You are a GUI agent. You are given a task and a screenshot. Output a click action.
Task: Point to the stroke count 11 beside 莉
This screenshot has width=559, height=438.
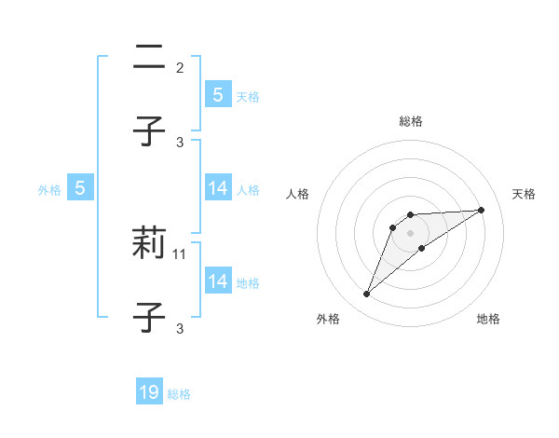click(180, 253)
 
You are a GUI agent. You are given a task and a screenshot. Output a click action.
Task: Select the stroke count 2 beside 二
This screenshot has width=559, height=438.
click(180, 67)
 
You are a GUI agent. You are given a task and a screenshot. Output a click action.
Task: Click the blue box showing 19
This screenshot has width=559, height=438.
click(149, 392)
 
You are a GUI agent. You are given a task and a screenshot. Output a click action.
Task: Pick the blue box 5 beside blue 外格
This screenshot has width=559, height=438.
click(80, 189)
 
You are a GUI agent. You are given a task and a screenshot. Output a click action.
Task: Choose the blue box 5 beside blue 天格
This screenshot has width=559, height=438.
click(217, 95)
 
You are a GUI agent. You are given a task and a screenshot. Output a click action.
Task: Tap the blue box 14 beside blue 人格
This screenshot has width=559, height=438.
click(217, 189)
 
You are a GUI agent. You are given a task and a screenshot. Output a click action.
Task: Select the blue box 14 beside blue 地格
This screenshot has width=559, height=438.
click(217, 281)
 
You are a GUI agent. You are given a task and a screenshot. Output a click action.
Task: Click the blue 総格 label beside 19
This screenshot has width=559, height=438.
click(179, 394)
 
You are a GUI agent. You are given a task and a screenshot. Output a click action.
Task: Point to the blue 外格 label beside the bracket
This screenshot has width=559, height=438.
click(49, 190)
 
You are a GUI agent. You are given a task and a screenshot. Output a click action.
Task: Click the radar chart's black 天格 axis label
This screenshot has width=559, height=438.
click(525, 194)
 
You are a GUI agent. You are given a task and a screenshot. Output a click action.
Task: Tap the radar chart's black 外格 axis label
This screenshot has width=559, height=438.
click(328, 319)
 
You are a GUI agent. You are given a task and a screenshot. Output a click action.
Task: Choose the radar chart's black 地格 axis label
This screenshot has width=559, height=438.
click(488, 319)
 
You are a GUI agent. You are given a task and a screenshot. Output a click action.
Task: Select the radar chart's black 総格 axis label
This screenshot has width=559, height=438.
click(410, 121)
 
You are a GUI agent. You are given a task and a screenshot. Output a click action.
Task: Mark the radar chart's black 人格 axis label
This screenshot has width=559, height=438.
click(298, 194)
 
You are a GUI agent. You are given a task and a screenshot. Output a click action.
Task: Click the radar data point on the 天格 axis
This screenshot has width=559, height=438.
click(481, 210)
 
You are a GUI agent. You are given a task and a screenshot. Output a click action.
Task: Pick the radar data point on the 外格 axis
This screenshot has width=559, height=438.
click(366, 294)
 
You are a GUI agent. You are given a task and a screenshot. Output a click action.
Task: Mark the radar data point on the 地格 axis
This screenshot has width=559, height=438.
click(422, 248)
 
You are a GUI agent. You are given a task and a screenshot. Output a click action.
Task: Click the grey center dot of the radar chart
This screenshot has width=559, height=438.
click(410, 232)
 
